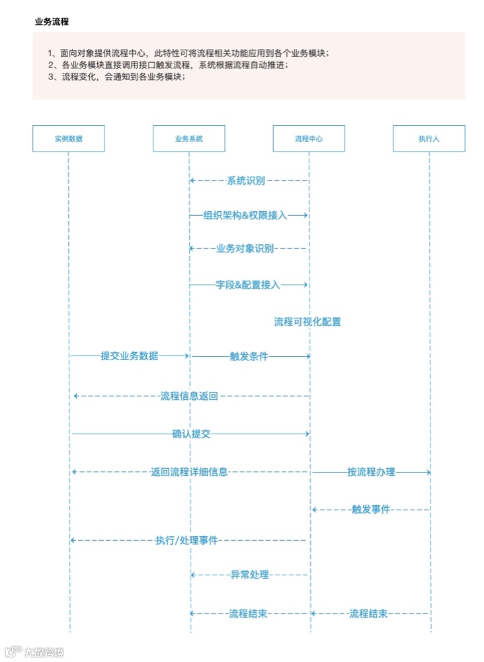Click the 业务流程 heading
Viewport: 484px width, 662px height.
pyautogui.click(x=52, y=22)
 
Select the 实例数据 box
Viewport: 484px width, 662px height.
pyautogui.click(x=69, y=138)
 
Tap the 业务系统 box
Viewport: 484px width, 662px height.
pyautogui.click(x=189, y=138)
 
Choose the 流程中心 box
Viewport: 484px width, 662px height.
pyautogui.click(x=309, y=138)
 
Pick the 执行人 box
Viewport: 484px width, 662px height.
pyautogui.click(x=429, y=138)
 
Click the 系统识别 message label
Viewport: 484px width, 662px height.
pyautogui.click(x=246, y=180)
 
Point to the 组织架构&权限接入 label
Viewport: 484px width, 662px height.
pyautogui.click(x=245, y=215)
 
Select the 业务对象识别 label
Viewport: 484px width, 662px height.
pyautogui.click(x=245, y=249)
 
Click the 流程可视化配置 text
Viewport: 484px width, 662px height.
pyautogui.click(x=307, y=322)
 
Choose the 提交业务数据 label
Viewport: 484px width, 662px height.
pyautogui.click(x=130, y=356)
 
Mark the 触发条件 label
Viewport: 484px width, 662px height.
pyautogui.click(x=249, y=356)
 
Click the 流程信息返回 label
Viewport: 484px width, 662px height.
pyautogui.click(x=189, y=396)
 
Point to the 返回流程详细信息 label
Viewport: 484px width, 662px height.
pyautogui.click(x=189, y=472)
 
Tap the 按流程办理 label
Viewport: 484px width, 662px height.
pyautogui.click(x=371, y=472)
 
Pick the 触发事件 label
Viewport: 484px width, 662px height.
pyautogui.click(x=371, y=510)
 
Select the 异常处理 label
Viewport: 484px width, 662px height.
pyautogui.click(x=250, y=575)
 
